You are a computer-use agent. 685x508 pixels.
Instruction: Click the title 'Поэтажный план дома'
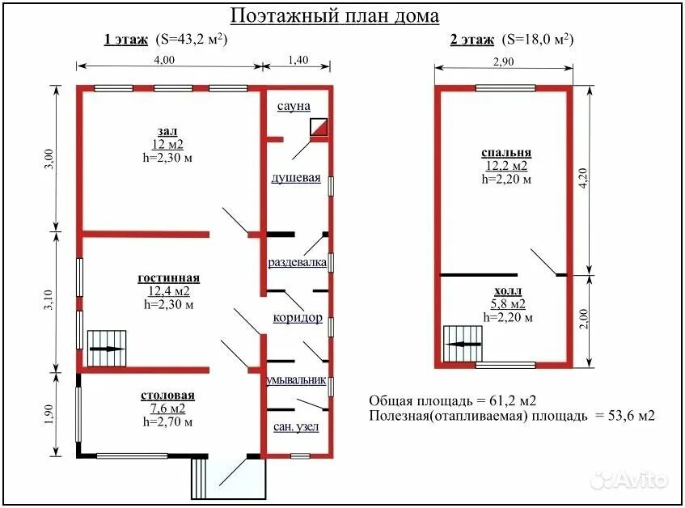tap(334, 16)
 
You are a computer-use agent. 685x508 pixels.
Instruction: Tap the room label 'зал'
tap(167, 131)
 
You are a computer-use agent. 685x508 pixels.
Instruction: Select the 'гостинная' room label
tap(169, 277)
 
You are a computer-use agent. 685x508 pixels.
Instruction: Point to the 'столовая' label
tap(167, 396)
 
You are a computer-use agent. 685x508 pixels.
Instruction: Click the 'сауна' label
tap(294, 106)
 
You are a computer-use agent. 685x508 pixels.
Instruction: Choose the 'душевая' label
tap(296, 178)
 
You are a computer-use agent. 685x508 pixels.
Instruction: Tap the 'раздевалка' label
tap(297, 262)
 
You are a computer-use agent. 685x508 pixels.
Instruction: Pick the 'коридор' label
tap(298, 318)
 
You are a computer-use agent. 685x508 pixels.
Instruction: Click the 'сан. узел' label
tap(296, 427)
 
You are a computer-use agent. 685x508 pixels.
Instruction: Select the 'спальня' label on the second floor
tap(507, 153)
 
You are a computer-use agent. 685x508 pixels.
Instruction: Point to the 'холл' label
tap(508, 291)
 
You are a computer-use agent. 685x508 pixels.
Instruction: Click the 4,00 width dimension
tap(164, 60)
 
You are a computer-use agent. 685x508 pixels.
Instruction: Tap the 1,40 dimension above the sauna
tap(298, 60)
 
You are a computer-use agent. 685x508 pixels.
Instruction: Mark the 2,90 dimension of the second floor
tap(503, 61)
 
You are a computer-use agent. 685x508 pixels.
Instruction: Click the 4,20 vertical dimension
tap(583, 178)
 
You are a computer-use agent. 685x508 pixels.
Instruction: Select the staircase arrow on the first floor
tap(108, 349)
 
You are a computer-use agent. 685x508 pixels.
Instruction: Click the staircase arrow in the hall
tap(464, 345)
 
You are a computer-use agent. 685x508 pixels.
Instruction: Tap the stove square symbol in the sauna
tap(319, 127)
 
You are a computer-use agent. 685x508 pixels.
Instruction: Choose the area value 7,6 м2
tap(167, 409)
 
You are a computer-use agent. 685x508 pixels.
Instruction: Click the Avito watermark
tap(629, 480)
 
